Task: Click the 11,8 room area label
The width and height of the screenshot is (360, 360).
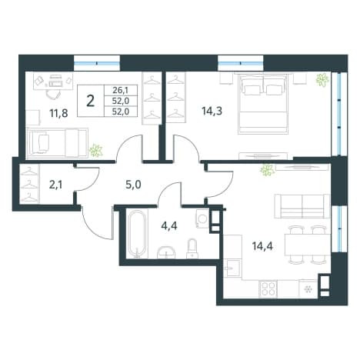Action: [58, 113]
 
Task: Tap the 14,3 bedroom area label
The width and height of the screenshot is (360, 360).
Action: [212, 112]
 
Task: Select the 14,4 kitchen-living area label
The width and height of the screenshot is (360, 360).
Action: [262, 246]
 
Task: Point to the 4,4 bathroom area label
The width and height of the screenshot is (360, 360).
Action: [169, 226]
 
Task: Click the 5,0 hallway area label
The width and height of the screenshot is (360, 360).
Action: [133, 185]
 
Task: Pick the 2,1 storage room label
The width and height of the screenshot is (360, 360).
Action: [55, 185]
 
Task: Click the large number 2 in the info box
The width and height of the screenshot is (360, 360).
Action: [91, 101]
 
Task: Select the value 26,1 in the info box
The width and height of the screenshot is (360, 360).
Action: [121, 90]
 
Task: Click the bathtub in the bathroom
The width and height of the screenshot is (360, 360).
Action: [138, 234]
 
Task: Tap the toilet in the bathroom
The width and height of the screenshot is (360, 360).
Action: [192, 248]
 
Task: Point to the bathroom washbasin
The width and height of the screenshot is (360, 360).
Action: [166, 252]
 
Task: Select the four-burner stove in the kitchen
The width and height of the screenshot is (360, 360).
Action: [268, 288]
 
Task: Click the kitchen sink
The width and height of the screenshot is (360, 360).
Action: [232, 268]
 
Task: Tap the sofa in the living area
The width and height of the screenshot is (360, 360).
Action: [302, 206]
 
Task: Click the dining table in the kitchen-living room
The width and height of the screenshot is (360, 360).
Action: [307, 245]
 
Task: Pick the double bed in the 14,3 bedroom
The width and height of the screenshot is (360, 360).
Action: [263, 103]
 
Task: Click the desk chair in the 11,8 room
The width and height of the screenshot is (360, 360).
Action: [54, 95]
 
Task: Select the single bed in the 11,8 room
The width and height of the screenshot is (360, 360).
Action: [58, 143]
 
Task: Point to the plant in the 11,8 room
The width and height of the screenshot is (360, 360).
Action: [96, 151]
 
